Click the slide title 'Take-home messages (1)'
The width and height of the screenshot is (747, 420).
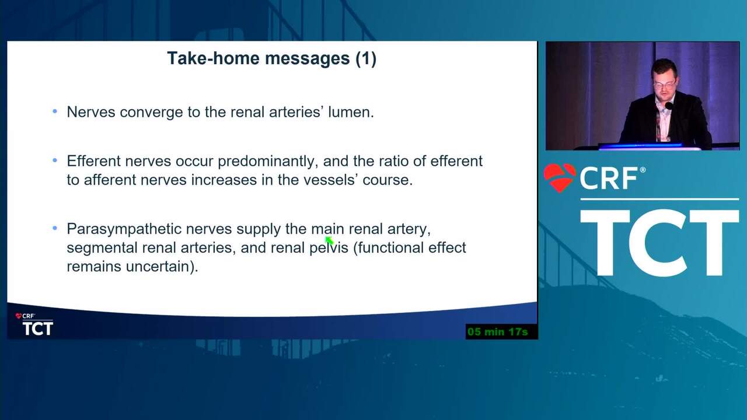point(272,58)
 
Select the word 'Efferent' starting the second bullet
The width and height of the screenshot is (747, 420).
point(94,161)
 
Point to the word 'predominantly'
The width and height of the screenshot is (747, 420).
point(266,162)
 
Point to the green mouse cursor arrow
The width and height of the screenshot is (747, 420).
point(329,240)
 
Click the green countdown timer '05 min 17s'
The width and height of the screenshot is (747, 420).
point(498,332)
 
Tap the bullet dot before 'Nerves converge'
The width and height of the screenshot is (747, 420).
point(55,111)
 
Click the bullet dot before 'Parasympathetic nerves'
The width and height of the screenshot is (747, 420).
point(55,228)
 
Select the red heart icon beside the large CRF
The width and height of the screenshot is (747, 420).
point(560,177)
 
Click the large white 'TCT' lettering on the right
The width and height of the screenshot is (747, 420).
point(659,243)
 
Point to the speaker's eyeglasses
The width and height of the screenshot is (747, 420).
point(664,85)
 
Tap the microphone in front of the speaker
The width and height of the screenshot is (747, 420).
point(668,106)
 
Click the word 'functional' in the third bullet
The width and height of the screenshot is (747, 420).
point(390,248)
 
